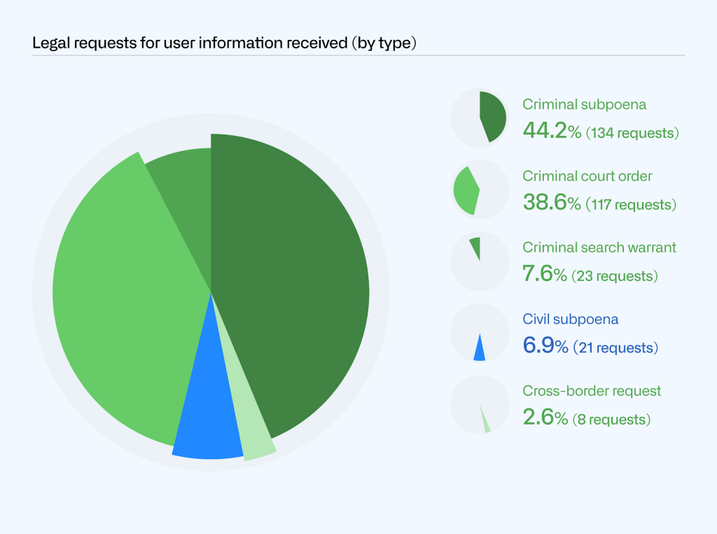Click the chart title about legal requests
[x=225, y=43]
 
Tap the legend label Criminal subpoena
[x=584, y=104]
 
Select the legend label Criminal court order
[x=587, y=176]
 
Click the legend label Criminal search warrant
[x=599, y=247]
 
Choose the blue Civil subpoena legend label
[x=571, y=319]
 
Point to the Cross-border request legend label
[x=592, y=390]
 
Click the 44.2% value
[x=552, y=130]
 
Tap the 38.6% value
[x=552, y=203]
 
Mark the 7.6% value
[x=545, y=274]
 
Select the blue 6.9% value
[x=545, y=345]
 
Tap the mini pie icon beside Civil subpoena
[x=480, y=333]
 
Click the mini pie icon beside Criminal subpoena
[x=480, y=118]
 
